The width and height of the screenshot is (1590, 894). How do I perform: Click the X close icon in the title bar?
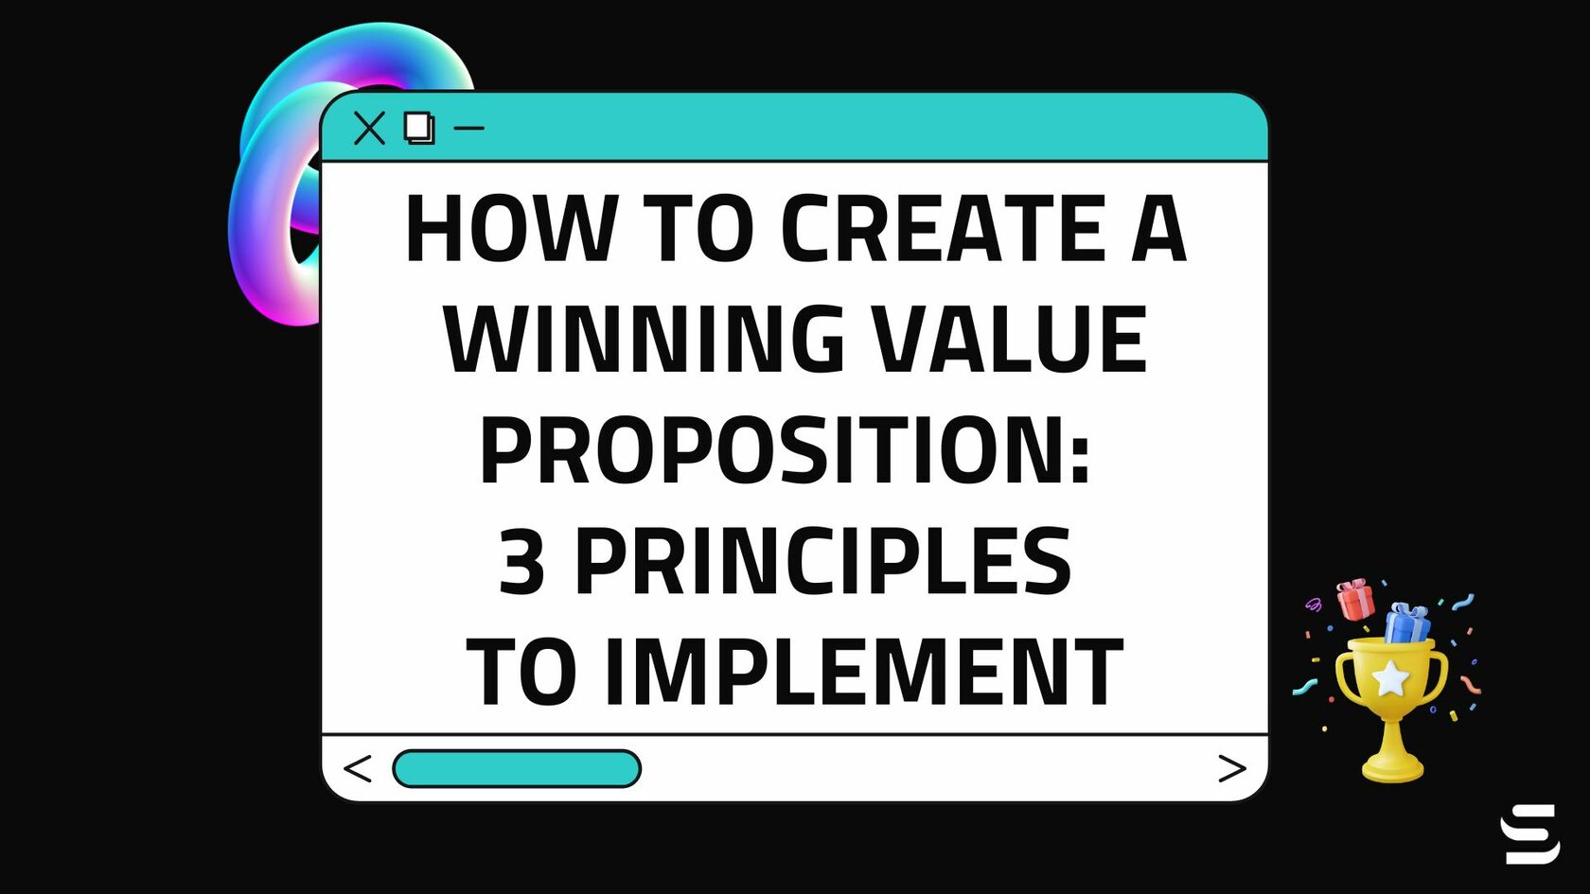click(369, 128)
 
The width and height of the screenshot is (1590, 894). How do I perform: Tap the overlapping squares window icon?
click(418, 128)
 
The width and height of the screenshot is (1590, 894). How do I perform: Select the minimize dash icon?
click(469, 128)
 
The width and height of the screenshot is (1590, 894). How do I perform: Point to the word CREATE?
click(943, 229)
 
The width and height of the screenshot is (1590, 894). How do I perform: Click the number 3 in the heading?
click(522, 562)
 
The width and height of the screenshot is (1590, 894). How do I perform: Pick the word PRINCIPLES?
click(823, 562)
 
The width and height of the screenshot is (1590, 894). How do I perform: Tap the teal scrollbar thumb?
click(517, 768)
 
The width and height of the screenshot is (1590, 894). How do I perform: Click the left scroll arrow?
click(358, 768)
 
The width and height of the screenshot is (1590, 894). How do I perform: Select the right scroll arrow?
click(1231, 768)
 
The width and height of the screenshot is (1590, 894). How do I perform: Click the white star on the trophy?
click(1389, 678)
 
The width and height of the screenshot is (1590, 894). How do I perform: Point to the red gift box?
click(1355, 600)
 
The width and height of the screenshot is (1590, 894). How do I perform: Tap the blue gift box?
click(1407, 623)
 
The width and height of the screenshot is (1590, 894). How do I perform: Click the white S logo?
click(1529, 833)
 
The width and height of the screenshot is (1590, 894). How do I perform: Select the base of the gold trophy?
click(1392, 766)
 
